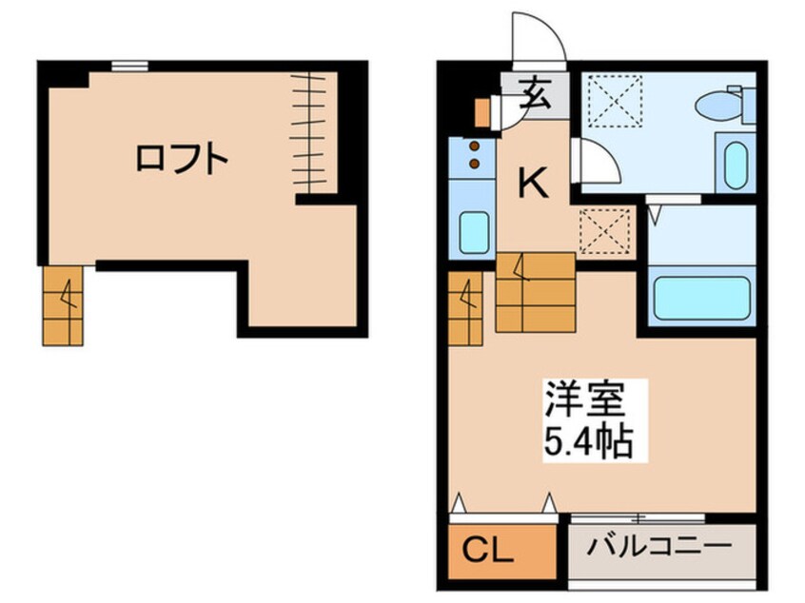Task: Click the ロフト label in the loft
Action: [181, 158]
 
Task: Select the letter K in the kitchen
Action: [534, 182]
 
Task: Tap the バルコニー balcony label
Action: [659, 548]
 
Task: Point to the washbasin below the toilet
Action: [734, 165]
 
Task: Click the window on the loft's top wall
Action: [129, 66]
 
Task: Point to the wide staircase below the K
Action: [535, 292]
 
